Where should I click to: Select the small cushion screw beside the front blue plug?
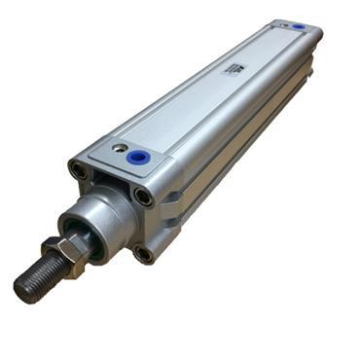click(118, 149)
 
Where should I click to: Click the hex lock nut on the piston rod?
click(61, 255)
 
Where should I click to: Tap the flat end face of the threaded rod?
click(24, 288)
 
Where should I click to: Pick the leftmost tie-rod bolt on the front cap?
click(77, 172)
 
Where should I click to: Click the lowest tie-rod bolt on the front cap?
click(144, 255)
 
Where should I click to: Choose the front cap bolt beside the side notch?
click(144, 198)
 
